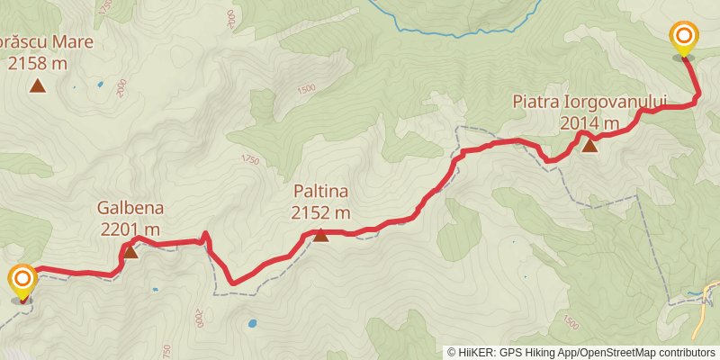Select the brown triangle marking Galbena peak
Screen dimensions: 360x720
(x=130, y=251)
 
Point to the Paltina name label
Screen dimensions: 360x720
(x=320, y=192)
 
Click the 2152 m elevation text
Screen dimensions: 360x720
(x=320, y=212)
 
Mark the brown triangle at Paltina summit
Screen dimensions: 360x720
(x=320, y=235)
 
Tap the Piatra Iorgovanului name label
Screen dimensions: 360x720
(x=589, y=103)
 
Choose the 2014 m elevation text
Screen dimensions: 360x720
(x=589, y=123)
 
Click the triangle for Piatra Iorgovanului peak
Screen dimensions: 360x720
(x=589, y=145)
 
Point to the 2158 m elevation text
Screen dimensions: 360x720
(x=37, y=63)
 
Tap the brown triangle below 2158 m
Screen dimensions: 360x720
(x=37, y=86)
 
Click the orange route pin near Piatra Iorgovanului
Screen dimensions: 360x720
(x=684, y=38)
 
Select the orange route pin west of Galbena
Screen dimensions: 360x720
(x=22, y=280)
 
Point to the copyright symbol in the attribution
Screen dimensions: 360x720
(x=453, y=352)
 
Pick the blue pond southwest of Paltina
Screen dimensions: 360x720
(x=252, y=322)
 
